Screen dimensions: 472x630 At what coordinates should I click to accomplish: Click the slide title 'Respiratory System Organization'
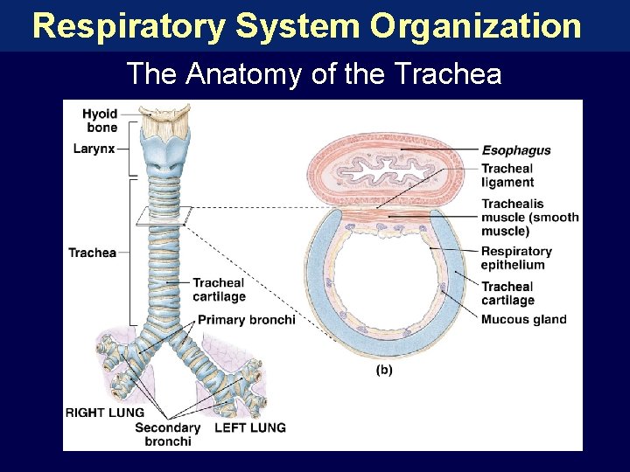(306, 25)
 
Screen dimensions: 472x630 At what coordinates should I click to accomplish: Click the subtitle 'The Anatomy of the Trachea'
(314, 73)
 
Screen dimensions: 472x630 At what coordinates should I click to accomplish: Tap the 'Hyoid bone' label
(101, 121)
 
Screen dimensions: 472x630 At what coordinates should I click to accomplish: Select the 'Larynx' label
(94, 149)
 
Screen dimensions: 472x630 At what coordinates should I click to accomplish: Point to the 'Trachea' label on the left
(92, 253)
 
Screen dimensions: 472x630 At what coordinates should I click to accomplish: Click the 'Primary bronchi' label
(246, 320)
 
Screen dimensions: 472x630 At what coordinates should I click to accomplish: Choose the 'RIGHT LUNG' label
(105, 413)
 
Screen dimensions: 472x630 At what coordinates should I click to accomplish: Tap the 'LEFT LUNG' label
(249, 427)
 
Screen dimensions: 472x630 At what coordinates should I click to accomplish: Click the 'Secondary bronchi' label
(167, 434)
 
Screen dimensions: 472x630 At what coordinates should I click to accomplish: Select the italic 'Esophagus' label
(516, 149)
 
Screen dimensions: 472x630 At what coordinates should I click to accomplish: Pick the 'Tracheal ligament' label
(507, 176)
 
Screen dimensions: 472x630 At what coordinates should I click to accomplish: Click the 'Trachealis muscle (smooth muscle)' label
(529, 218)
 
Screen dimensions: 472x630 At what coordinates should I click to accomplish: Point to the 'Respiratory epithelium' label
(516, 258)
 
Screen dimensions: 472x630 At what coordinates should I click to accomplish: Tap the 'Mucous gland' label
(523, 319)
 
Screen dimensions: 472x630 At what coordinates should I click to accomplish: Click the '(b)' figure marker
(384, 370)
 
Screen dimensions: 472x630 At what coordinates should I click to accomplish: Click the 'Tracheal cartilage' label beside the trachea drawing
(219, 289)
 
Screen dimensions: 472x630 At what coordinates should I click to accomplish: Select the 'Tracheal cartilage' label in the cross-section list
(507, 293)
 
